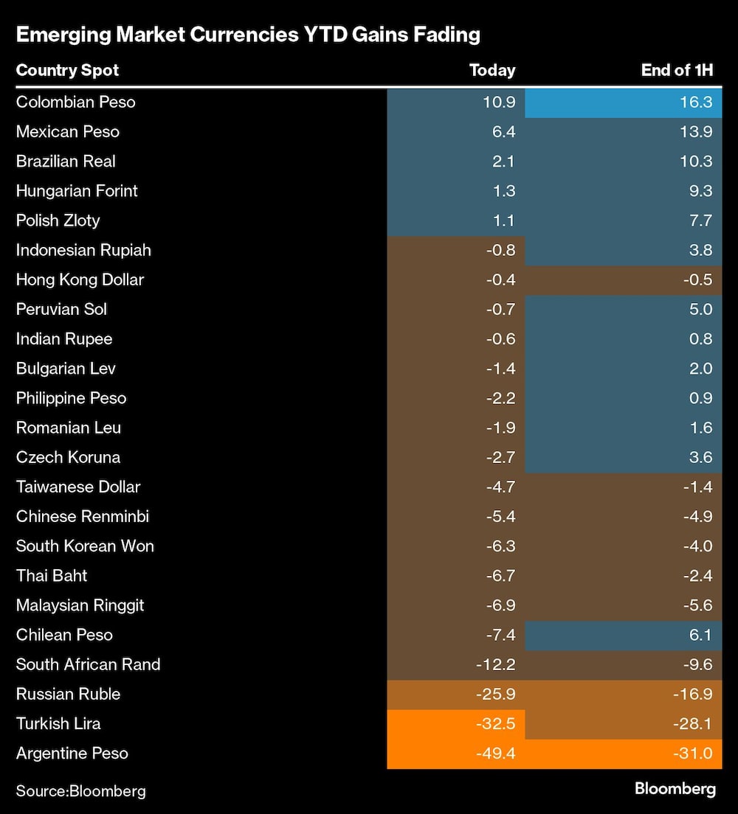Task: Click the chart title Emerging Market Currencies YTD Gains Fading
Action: pyautogui.click(x=248, y=35)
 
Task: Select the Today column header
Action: pyautogui.click(x=492, y=71)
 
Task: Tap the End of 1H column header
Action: pyautogui.click(x=677, y=71)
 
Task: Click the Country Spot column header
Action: pyautogui.click(x=67, y=71)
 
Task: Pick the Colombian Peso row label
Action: pyautogui.click(x=75, y=102)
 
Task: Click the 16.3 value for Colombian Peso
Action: pyautogui.click(x=697, y=102)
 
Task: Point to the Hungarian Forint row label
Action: pyautogui.click(x=77, y=191)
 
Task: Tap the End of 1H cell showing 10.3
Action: pyautogui.click(x=697, y=161)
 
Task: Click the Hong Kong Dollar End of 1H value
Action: pyautogui.click(x=697, y=280)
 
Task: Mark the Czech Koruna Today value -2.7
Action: pyautogui.click(x=500, y=457)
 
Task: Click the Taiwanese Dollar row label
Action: pyautogui.click(x=78, y=487)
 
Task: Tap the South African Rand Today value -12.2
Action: pyautogui.click(x=497, y=664)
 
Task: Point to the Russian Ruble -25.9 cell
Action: pyautogui.click(x=497, y=694)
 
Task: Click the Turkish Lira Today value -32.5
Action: pyautogui.click(x=497, y=724)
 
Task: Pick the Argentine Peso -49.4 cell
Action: pyautogui.click(x=497, y=754)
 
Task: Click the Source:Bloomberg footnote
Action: pyautogui.click(x=80, y=791)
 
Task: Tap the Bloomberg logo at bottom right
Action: pyautogui.click(x=675, y=789)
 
